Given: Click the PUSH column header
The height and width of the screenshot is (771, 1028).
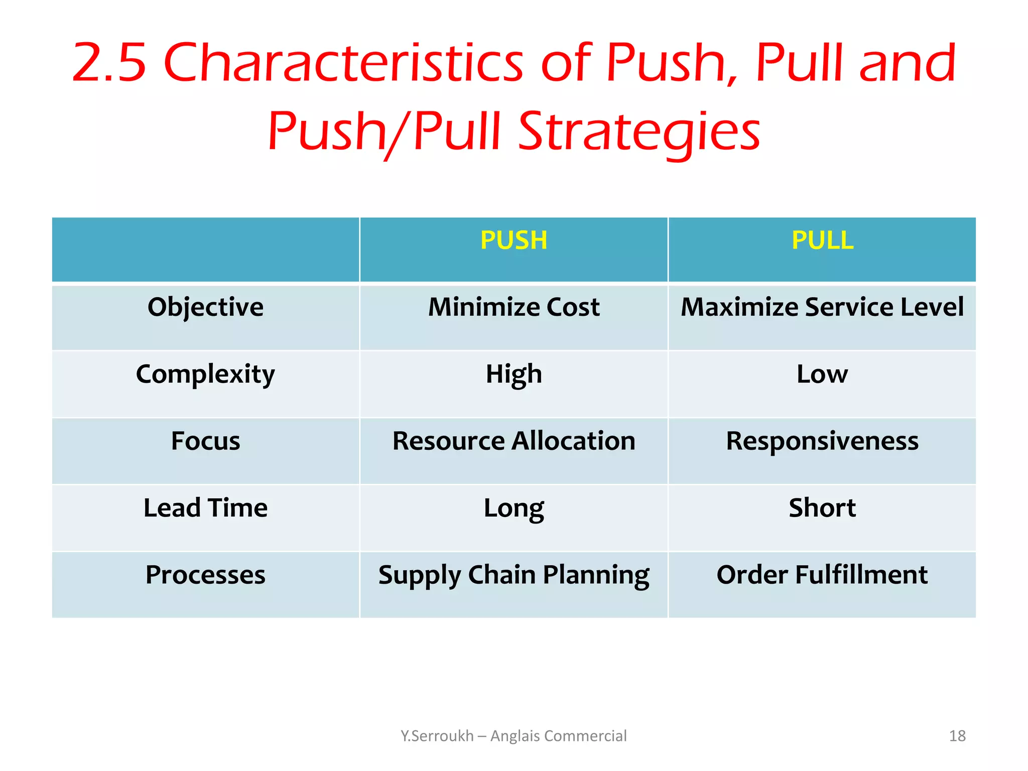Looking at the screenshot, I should [x=513, y=240].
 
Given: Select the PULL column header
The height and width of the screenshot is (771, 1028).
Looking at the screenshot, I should [x=822, y=240].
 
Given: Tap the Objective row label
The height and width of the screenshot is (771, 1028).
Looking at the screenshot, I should [x=205, y=307].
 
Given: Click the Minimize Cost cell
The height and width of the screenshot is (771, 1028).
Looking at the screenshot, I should [x=513, y=307].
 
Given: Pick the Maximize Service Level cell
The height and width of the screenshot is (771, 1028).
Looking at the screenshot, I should [x=822, y=307].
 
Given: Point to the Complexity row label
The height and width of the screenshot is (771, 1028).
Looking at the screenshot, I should [x=205, y=374].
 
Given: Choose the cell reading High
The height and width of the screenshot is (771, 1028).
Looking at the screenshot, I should [x=513, y=374].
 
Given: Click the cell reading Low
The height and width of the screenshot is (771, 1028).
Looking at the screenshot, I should [x=822, y=374].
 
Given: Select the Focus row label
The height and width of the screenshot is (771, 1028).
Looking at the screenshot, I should [x=205, y=441].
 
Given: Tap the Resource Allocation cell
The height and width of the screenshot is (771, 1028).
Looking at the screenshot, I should [x=513, y=441].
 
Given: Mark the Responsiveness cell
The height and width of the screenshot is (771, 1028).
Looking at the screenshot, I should [x=822, y=441].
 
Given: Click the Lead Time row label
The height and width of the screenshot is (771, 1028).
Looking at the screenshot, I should [x=205, y=508].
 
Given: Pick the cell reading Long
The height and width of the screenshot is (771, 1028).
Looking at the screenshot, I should [x=513, y=508].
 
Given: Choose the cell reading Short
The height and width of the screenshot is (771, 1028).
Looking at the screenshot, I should [x=822, y=508].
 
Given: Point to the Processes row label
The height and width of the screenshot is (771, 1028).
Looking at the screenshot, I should [x=205, y=575].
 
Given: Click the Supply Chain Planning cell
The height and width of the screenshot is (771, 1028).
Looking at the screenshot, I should [x=513, y=575].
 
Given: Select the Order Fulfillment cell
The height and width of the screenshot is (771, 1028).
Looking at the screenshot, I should [x=822, y=575].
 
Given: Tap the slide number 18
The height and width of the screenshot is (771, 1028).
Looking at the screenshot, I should [x=957, y=736].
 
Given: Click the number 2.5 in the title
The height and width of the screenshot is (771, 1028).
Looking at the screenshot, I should [x=109, y=63].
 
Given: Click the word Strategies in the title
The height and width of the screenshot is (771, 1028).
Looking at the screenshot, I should [x=639, y=132].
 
